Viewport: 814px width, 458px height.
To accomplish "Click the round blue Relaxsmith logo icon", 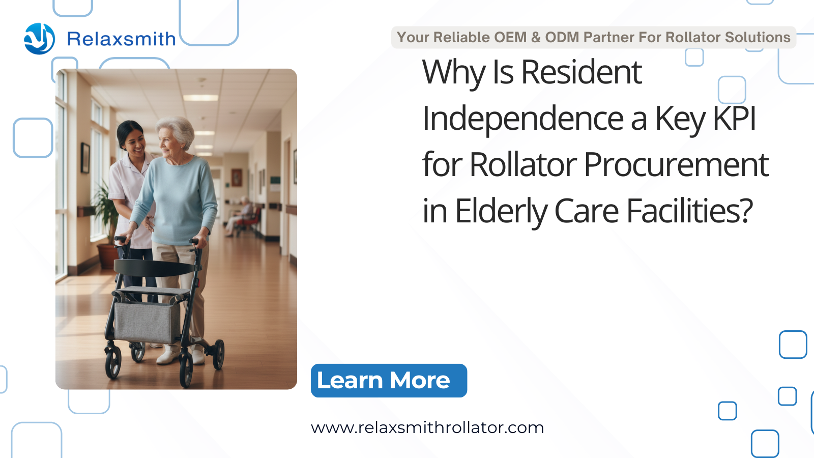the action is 39,39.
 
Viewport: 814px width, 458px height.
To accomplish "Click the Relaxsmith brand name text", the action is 122,39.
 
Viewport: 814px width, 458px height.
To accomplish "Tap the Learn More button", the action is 389,381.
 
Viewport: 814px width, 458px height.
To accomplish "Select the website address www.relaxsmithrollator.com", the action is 427,427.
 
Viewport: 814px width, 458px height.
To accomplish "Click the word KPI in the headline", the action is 735,118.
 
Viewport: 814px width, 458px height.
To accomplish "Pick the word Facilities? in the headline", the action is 690,211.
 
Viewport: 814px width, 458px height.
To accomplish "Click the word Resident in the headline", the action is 582,72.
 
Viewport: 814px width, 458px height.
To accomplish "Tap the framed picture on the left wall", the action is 85,158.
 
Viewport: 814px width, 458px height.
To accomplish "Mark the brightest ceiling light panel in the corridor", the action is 200,98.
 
